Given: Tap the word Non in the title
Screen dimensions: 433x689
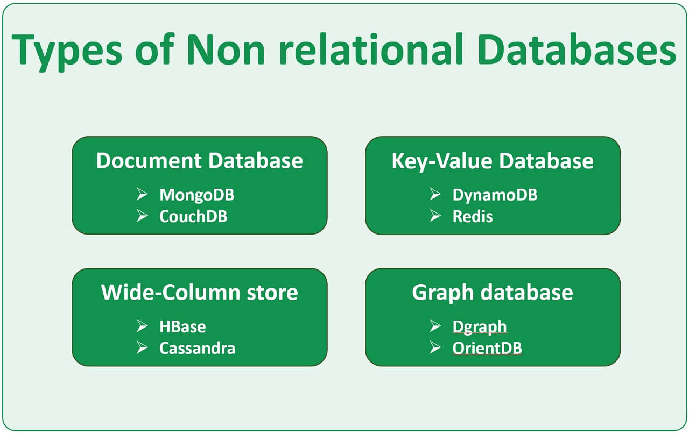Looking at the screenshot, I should tap(226, 49).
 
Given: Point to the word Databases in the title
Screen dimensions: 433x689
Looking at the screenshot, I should tap(576, 49).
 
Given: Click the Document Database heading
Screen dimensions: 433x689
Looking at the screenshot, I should tap(199, 161).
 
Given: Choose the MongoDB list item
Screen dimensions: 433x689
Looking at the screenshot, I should tap(196, 195).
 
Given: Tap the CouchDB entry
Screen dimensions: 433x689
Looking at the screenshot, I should tap(193, 216).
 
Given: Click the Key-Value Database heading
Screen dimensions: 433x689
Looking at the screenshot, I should tap(493, 161).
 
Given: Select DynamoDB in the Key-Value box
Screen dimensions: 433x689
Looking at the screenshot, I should tap(495, 195).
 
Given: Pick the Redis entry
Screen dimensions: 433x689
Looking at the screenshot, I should tap(473, 216).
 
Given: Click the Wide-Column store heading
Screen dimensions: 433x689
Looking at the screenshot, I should tap(199, 293).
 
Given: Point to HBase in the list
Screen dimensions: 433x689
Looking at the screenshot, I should tap(182, 326).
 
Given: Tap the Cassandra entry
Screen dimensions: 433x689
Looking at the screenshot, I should tap(197, 348).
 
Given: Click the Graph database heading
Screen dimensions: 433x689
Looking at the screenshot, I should tap(493, 293).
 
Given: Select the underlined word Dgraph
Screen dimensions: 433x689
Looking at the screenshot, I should tap(480, 326).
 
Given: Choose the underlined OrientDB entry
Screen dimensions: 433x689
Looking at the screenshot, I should tap(487, 348).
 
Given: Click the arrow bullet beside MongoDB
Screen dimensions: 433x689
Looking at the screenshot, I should tap(142, 194).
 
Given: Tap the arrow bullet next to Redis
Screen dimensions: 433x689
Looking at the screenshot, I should tap(435, 216).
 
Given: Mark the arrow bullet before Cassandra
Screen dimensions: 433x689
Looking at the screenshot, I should tap(142, 347).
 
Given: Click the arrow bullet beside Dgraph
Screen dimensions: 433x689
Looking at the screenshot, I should tap(435, 326).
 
